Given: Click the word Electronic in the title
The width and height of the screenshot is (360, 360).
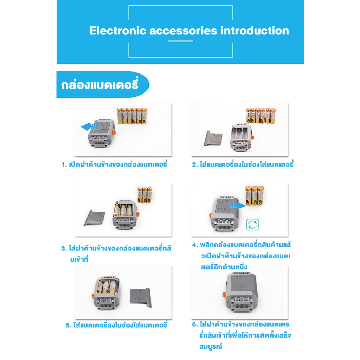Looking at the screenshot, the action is [117, 31].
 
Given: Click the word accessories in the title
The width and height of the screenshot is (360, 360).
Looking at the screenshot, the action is [183, 31].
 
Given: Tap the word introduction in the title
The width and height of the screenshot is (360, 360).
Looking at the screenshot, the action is [255, 31].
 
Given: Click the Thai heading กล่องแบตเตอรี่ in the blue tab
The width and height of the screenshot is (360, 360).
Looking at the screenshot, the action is [99, 84].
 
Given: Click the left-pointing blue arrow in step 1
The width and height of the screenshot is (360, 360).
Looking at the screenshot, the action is [89, 127].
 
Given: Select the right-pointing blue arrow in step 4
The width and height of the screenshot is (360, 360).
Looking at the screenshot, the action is [237, 206].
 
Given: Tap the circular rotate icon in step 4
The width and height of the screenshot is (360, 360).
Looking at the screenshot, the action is [252, 225].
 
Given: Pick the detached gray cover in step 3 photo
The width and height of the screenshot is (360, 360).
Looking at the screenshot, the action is [95, 217].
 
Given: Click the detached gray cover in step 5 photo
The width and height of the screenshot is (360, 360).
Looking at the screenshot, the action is [141, 297].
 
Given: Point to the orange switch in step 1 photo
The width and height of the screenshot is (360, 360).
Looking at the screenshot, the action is [114, 133].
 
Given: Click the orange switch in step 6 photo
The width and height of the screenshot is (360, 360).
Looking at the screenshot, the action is [224, 295].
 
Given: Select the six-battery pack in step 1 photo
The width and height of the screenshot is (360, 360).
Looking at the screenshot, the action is [132, 116].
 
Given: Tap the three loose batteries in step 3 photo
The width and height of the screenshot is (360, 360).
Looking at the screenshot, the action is [144, 195].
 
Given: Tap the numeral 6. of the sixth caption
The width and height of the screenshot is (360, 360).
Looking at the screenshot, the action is [195, 324].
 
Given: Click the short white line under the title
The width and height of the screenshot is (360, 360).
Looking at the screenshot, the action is [180, 41].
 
